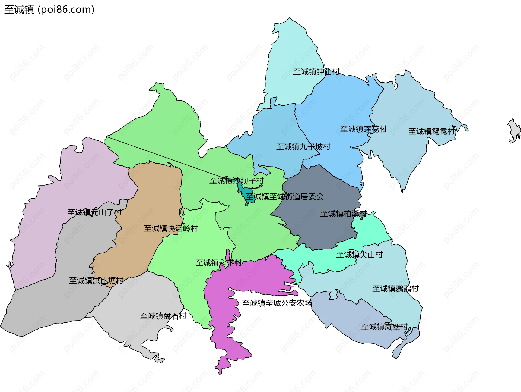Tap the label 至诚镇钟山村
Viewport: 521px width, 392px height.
coord(316,72)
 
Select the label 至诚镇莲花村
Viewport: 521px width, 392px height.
coord(363,129)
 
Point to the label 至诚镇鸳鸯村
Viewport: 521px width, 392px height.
coord(431,131)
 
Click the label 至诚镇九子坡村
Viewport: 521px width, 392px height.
coord(303,147)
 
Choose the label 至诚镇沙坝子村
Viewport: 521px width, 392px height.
coord(236,181)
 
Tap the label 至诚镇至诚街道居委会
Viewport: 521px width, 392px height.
coord(285,196)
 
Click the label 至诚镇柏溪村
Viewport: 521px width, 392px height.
coord(343,214)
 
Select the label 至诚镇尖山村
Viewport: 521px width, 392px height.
coord(359,255)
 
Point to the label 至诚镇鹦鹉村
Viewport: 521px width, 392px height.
coord(395,288)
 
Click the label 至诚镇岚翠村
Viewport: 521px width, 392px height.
coord(384,327)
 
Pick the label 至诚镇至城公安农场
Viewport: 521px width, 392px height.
coord(277,303)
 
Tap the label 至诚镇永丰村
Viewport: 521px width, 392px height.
coord(218,263)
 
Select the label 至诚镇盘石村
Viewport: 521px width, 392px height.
coord(163,316)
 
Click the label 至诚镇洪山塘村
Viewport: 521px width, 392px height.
coord(96,280)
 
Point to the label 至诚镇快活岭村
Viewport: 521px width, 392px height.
coord(171,228)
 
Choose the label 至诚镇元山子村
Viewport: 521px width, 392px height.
coord(94,212)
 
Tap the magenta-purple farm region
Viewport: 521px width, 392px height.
coord(252,280)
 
